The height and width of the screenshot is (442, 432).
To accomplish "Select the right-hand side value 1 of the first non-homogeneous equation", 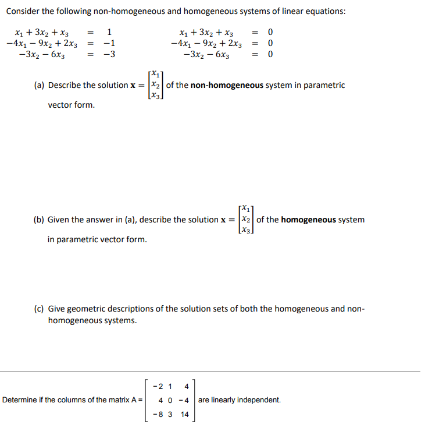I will point(109,31).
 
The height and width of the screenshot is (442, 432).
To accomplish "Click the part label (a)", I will point(40,86).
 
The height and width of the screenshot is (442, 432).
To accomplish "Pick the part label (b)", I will point(40,220).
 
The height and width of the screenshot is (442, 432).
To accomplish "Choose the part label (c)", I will point(39,309).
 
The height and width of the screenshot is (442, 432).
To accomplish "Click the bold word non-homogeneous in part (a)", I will point(227,86).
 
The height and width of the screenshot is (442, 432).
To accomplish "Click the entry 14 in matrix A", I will point(185,415).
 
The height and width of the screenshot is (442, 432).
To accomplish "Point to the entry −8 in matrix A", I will point(156,415).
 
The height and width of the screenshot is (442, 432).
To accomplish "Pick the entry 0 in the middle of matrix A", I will point(169,400).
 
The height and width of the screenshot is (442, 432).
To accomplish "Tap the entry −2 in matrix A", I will point(156,386).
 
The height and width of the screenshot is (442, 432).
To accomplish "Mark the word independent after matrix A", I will point(259,400).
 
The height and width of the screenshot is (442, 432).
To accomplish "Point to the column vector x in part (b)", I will point(247,220).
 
